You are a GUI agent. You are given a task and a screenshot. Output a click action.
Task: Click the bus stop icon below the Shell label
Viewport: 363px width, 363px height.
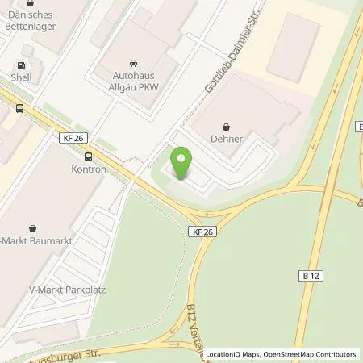(19, 107)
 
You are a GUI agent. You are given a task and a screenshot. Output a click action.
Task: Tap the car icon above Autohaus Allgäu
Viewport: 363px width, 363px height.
(132, 62)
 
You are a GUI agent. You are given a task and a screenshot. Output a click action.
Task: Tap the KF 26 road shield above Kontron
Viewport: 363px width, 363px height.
(73, 139)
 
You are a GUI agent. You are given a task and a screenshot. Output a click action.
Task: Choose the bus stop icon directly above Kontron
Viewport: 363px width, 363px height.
(86, 157)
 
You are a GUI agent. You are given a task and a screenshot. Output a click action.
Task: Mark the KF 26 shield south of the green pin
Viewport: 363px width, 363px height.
(202, 232)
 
